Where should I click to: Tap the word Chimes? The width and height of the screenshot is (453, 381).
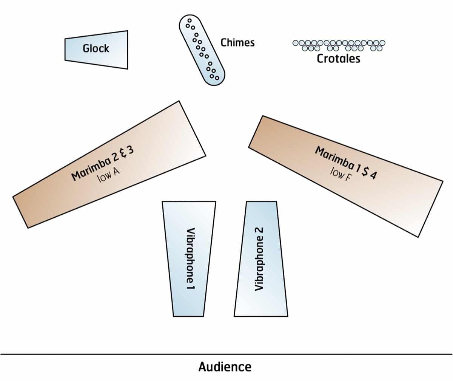(237, 42)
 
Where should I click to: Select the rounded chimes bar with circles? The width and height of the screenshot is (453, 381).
(202, 50)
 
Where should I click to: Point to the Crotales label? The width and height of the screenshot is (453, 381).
(338, 59)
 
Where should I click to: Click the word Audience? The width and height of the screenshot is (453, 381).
(225, 367)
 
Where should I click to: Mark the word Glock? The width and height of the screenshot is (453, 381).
(96, 48)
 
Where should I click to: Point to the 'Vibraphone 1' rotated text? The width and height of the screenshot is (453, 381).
(191, 259)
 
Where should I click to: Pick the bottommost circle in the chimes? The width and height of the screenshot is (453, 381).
(217, 78)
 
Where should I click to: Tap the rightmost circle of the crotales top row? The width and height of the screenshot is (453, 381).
(382, 43)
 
